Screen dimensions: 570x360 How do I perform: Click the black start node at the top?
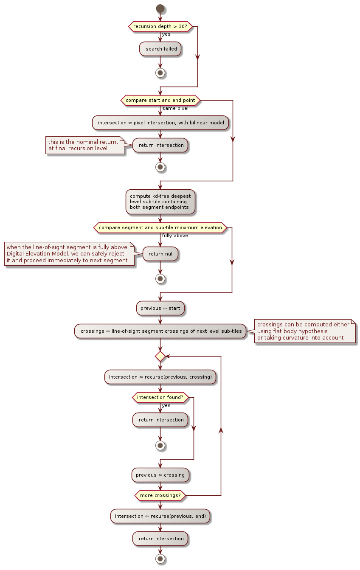coord(160,8)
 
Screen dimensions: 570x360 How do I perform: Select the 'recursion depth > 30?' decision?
coord(160,26)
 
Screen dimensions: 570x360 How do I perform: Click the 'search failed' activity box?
coord(160,49)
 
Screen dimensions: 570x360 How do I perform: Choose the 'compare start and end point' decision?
coord(160,100)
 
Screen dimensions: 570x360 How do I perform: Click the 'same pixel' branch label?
coord(175,109)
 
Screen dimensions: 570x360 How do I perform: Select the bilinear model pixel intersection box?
coord(160,123)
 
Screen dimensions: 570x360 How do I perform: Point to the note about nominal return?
coord(85,145)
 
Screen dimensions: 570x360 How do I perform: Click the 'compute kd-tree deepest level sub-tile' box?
coord(160,202)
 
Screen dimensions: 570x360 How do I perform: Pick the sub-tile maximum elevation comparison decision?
coord(160,227)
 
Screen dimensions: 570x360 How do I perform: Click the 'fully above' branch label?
coord(174,236)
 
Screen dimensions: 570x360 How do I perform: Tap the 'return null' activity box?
coord(160,254)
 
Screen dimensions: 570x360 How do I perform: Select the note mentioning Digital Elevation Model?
coord(69,254)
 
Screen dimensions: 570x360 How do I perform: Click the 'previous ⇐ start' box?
coord(160,308)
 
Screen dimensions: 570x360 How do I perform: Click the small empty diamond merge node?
coord(160,356)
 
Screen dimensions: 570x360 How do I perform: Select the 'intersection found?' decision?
coord(160,397)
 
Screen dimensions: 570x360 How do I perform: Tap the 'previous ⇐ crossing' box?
coord(160,475)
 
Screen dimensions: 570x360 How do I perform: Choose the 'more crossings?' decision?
coord(160,495)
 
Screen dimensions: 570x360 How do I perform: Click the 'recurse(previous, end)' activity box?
coord(160,516)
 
